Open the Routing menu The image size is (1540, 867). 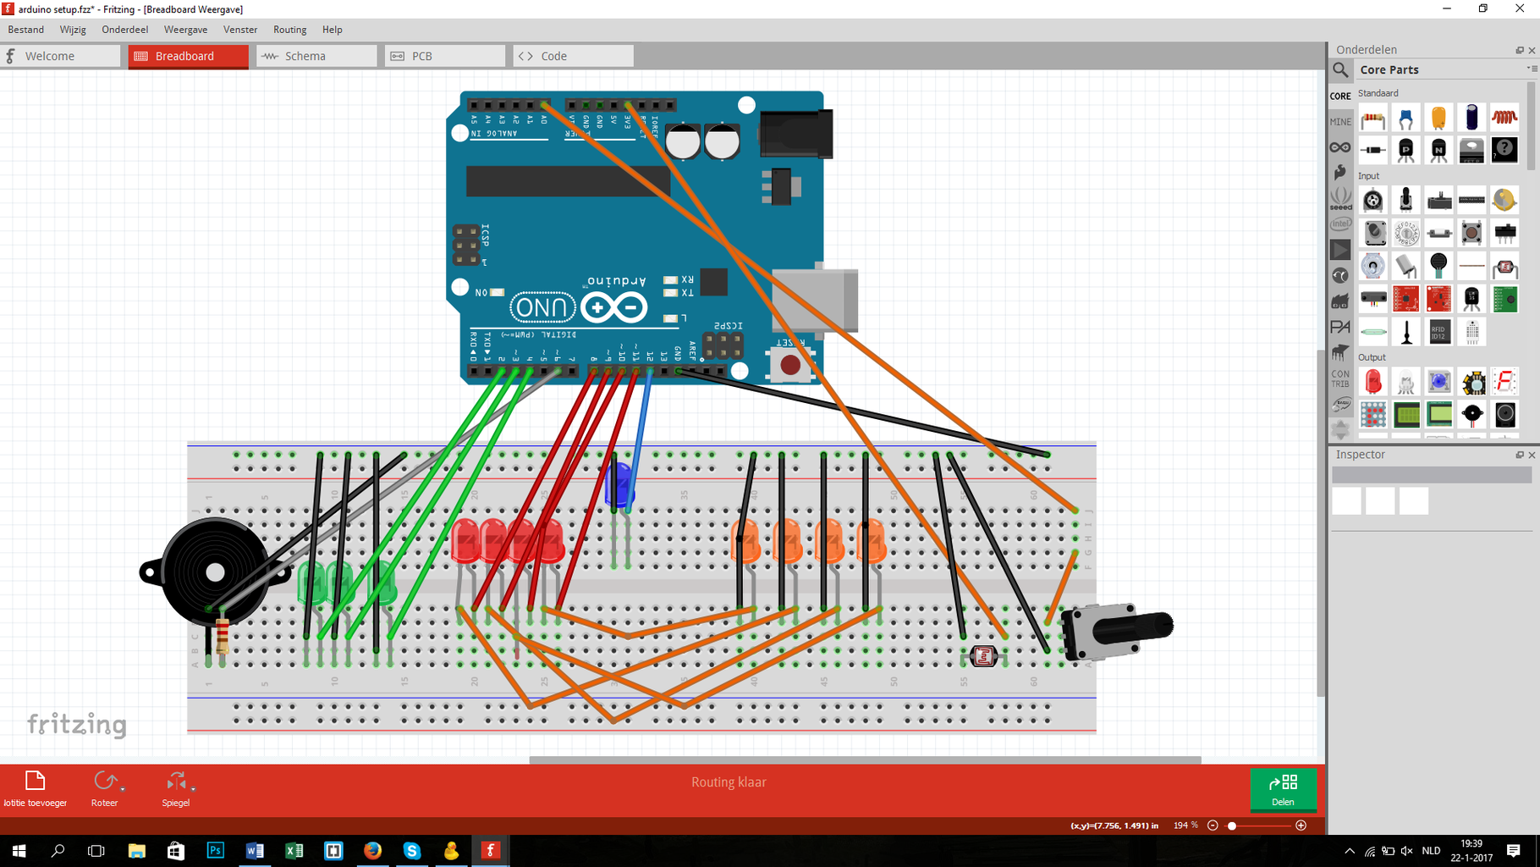click(x=289, y=30)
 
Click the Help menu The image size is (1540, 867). click(x=332, y=30)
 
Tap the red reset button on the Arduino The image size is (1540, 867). click(x=789, y=365)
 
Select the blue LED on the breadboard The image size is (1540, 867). click(x=619, y=485)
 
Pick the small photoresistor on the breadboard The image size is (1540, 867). click(x=983, y=655)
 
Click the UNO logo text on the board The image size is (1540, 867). click(x=542, y=307)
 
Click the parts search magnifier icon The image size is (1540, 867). click(x=1341, y=70)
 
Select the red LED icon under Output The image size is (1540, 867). click(x=1372, y=382)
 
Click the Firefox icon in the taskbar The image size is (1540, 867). click(x=372, y=850)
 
